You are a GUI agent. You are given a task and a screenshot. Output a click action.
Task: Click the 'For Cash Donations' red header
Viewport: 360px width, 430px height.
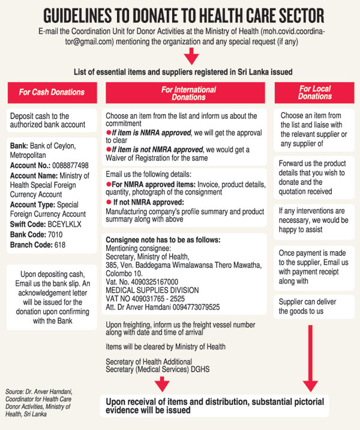point(52,92)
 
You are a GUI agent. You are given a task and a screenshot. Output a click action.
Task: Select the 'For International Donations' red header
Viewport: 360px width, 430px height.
point(185,92)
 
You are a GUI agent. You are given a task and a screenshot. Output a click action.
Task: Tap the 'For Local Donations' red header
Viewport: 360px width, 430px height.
point(314,92)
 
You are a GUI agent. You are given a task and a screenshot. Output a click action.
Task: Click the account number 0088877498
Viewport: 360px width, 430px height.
point(70,166)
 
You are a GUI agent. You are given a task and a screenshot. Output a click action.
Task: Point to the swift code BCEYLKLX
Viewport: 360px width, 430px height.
point(65,225)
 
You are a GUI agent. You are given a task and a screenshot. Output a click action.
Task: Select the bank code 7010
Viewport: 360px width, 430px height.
point(55,235)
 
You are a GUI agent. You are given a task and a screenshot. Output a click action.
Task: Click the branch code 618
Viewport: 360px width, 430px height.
point(60,245)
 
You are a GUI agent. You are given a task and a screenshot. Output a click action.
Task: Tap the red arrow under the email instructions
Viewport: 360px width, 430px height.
point(191,56)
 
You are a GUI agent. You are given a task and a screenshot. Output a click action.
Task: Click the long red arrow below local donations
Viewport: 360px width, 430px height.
point(310,359)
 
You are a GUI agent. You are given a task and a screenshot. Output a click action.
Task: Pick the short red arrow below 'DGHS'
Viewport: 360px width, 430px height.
point(162,384)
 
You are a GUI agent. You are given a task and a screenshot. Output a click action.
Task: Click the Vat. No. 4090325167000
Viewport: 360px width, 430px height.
point(142,282)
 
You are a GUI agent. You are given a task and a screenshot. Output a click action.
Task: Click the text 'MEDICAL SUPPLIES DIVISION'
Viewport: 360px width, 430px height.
point(152,290)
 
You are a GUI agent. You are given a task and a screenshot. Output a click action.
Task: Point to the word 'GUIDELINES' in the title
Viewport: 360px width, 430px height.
point(77,16)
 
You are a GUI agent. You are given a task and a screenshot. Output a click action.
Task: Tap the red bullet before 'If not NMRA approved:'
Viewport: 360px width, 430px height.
point(109,202)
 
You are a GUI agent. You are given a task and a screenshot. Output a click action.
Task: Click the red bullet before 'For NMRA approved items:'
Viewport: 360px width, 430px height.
point(109,184)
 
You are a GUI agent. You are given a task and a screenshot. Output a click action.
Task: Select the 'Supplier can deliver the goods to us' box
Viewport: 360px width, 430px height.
point(314,307)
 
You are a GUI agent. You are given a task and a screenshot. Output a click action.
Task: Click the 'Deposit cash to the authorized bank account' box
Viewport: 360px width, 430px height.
point(52,120)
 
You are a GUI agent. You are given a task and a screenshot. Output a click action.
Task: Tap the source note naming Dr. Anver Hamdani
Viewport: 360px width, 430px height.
point(38,403)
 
